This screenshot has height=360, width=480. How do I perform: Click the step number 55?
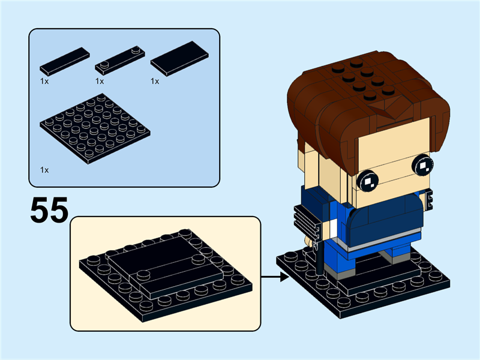(49, 210)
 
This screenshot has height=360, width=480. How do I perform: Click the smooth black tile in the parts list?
(180, 58)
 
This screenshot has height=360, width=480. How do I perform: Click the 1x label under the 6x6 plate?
(44, 170)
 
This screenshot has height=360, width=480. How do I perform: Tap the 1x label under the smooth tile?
(155, 81)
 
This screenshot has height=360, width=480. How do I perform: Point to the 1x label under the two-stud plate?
(100, 81)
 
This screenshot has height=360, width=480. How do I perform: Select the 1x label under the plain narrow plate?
(44, 81)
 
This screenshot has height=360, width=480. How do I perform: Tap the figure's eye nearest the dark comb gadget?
(367, 179)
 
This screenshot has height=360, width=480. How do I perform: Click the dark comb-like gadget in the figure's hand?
(306, 221)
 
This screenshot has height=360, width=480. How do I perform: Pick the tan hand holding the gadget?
(308, 241)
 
